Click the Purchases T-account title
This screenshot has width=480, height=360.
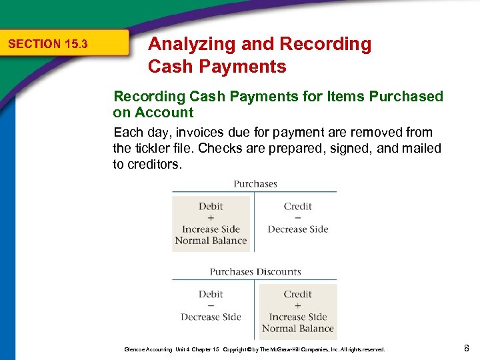point(255,184)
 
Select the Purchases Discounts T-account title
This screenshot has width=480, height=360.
point(255,272)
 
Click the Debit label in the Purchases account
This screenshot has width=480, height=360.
point(211,207)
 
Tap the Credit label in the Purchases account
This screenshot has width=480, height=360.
point(297,207)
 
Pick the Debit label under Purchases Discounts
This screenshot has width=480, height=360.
point(211,294)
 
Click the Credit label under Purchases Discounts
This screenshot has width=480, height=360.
point(297,294)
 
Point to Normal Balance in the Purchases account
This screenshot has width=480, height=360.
point(211,241)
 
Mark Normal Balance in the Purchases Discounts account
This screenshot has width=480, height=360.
point(297,328)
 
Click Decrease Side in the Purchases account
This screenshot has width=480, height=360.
point(297,229)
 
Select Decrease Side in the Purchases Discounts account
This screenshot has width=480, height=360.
point(211,317)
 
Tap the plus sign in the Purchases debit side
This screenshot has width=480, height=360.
point(211,218)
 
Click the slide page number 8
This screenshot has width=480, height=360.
point(467,347)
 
